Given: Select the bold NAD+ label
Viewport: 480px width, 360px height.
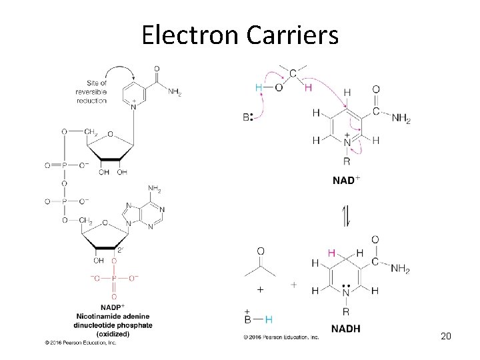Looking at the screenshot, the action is (x=347, y=180).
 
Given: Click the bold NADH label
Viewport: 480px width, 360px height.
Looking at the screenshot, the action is (x=345, y=328).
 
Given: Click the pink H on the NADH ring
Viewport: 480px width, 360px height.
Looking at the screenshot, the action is (x=331, y=253).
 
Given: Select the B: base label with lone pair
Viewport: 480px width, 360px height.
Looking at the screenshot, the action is (x=247, y=117).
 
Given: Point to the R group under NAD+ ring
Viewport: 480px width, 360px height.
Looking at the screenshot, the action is (x=346, y=160).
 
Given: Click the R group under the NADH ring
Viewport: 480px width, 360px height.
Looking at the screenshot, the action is (x=345, y=311).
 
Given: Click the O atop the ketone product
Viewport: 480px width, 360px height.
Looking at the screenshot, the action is (x=260, y=251).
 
